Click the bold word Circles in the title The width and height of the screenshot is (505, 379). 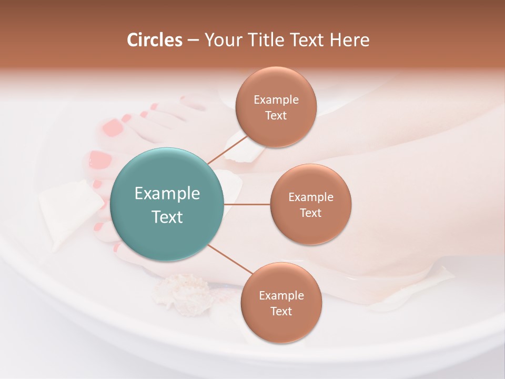[154, 40]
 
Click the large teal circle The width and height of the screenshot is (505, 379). [167, 204]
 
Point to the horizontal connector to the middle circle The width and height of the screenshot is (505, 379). [247, 204]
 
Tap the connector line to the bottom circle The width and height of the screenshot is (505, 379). [230, 259]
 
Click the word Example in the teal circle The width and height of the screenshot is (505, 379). [167, 194]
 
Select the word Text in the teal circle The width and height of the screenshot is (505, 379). [167, 217]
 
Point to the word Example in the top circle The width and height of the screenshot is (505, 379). [276, 99]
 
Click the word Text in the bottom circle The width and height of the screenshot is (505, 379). [281, 311]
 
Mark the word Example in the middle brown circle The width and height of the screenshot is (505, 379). [310, 197]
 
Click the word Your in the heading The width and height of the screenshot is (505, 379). [220, 40]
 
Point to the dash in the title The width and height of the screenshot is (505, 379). [193, 40]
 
